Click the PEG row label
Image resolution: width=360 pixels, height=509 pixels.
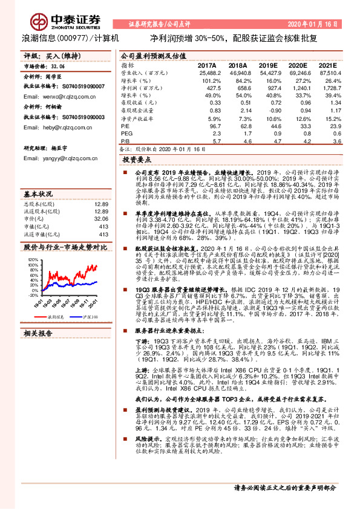pyautogui.click(x=126, y=132)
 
